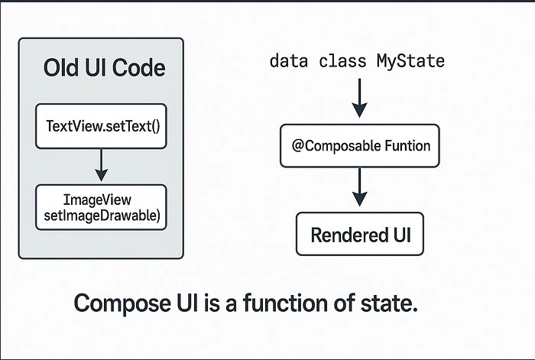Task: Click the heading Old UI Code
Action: (105, 67)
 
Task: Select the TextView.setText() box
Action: (101, 126)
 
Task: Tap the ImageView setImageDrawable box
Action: (101, 207)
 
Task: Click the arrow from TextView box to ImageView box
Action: (101, 165)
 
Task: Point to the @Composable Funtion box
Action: (360, 146)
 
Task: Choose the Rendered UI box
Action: (360, 234)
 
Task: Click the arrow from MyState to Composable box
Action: (360, 98)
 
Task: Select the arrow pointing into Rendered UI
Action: (360, 187)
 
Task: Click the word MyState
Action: (411, 61)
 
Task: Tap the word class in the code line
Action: (342, 61)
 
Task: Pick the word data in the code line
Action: (289, 61)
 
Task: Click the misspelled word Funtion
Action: (407, 146)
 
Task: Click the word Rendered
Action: (345, 235)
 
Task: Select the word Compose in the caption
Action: (122, 303)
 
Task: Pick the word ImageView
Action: (97, 200)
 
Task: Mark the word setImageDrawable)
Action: (102, 216)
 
